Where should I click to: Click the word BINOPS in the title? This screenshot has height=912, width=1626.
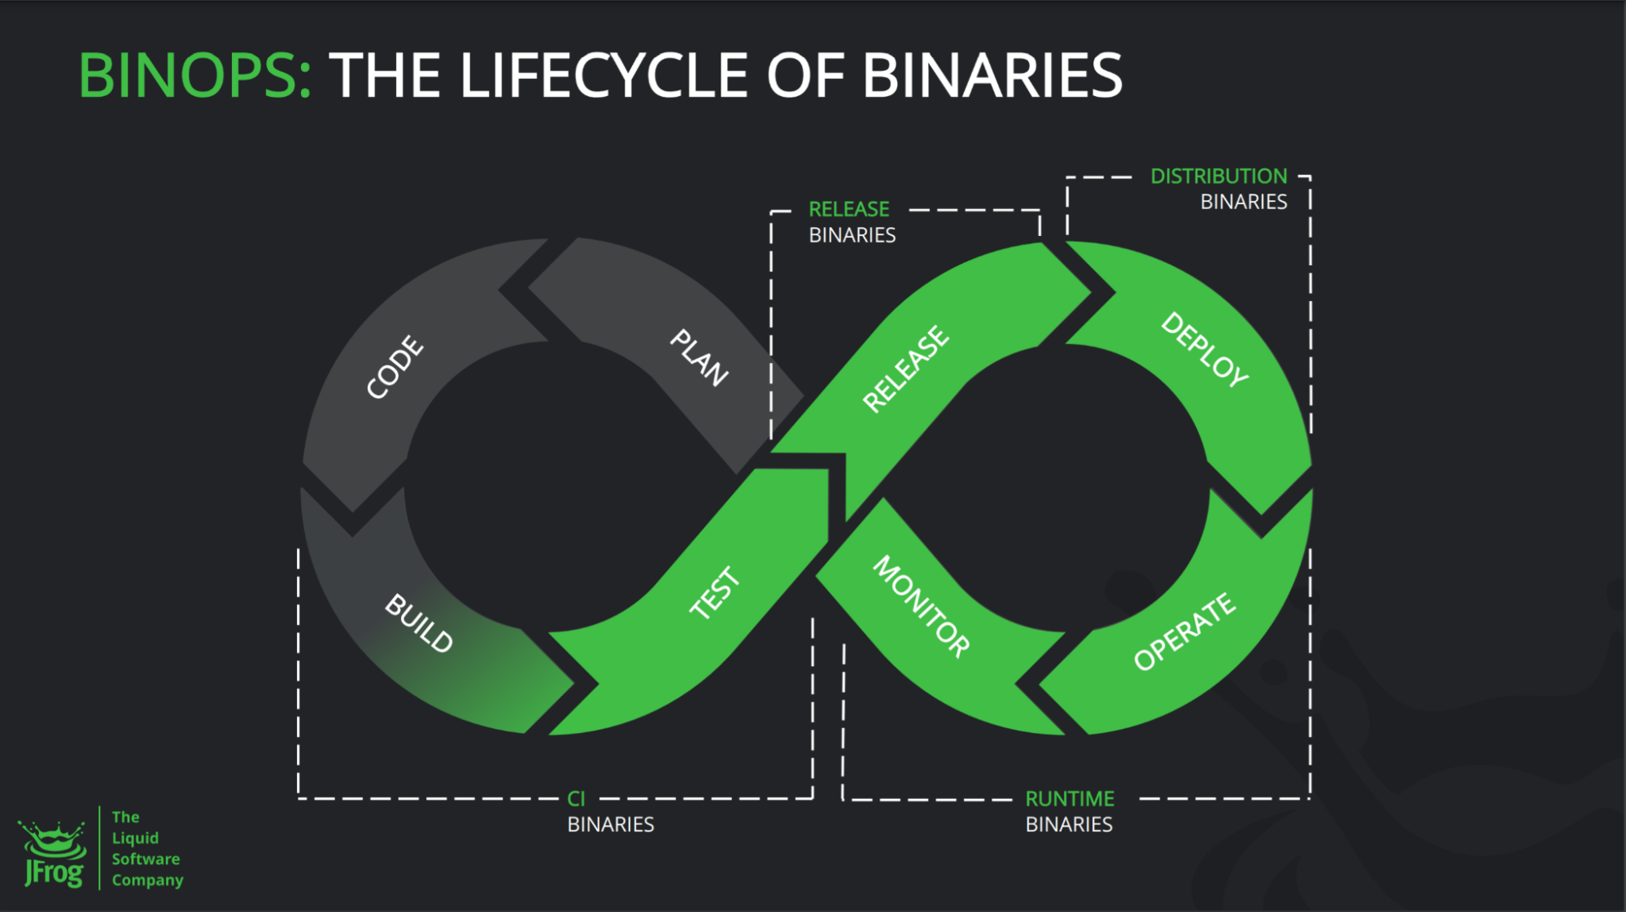pyautogui.click(x=194, y=76)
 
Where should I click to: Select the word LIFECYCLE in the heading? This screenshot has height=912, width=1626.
pyautogui.click(x=603, y=76)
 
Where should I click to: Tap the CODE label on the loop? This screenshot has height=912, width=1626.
pyautogui.click(x=395, y=367)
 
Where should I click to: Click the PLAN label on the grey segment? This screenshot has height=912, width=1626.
pyautogui.click(x=699, y=357)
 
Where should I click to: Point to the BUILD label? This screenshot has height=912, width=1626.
pyautogui.click(x=419, y=622)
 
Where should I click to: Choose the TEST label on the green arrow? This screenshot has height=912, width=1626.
pyautogui.click(x=715, y=593)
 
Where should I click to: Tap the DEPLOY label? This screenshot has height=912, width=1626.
pyautogui.click(x=1205, y=349)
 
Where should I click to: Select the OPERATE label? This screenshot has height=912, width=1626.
pyautogui.click(x=1184, y=631)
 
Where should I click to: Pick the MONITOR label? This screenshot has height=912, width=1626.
pyautogui.click(x=922, y=606)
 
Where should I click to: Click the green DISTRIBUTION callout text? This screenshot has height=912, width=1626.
pyautogui.click(x=1218, y=177)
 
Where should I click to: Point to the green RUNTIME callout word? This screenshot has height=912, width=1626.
pyautogui.click(x=1070, y=799)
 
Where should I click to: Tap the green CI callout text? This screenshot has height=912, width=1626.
pyautogui.click(x=576, y=799)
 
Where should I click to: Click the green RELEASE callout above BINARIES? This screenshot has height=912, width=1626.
pyautogui.click(x=848, y=209)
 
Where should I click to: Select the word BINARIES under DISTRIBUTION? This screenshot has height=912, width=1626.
pyautogui.click(x=1244, y=202)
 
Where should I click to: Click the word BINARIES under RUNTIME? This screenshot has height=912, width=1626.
pyautogui.click(x=1069, y=824)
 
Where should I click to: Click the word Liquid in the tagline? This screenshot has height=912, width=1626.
pyautogui.click(x=135, y=838)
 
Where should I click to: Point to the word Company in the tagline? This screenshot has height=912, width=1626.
pyautogui.click(x=147, y=880)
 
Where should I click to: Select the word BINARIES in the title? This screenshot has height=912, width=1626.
pyautogui.click(x=992, y=76)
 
